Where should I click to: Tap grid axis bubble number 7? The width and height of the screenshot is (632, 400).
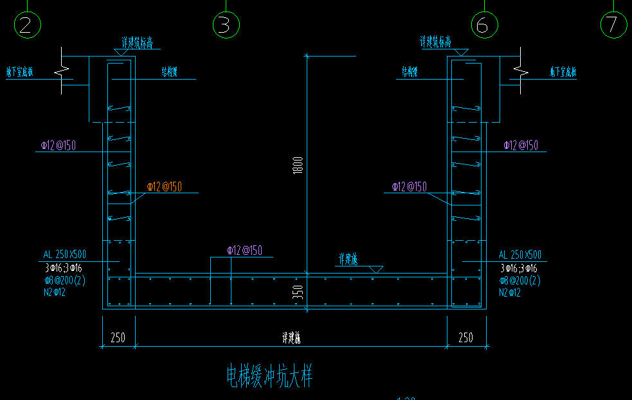pos(613,24)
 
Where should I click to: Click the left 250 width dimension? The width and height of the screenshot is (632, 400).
pos(118,338)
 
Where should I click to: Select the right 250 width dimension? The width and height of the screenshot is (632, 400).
pos(465,338)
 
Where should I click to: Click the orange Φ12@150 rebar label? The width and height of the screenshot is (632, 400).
pos(164,187)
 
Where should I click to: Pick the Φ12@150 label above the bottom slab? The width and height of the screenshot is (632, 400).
pos(244,250)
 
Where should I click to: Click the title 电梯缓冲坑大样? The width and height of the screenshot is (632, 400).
pos(269,376)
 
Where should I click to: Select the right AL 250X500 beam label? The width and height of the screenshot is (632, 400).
pos(520,255)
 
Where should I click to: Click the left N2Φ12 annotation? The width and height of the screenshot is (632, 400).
pos(55,292)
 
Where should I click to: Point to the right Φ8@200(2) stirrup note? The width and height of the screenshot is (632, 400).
pos(520,281)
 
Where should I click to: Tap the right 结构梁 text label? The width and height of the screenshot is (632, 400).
pos(410,71)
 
